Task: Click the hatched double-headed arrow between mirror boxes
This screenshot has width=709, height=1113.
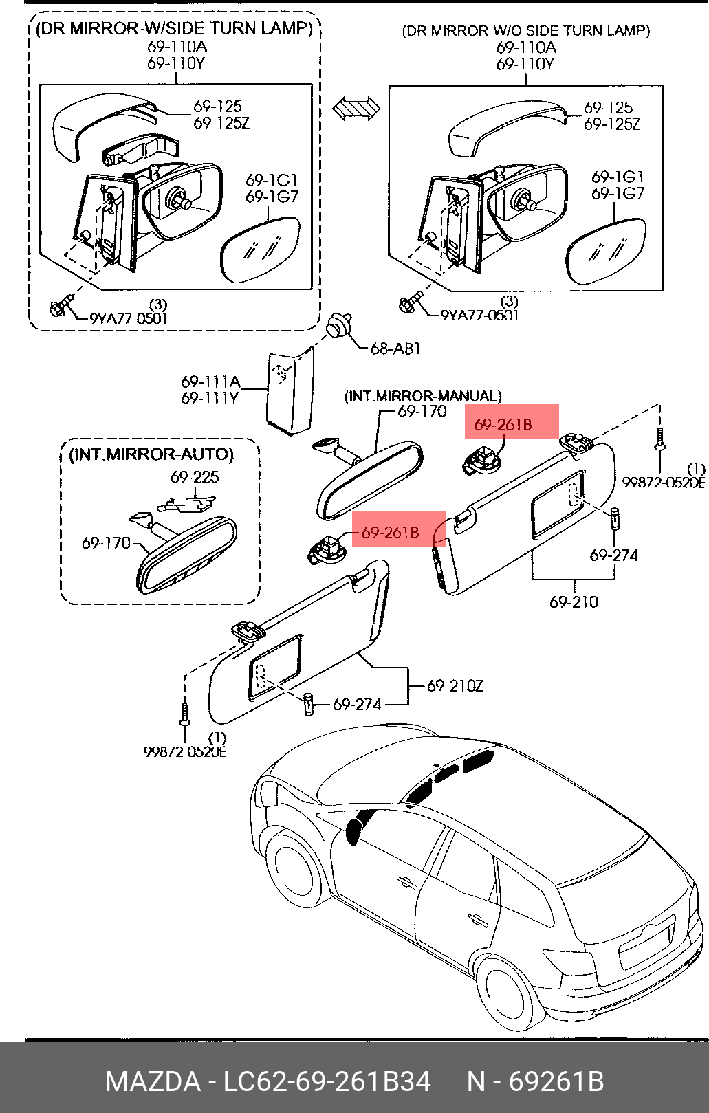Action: tap(356, 108)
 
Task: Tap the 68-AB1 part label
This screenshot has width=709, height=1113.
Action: tap(395, 349)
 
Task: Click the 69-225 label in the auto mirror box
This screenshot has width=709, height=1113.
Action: tap(195, 477)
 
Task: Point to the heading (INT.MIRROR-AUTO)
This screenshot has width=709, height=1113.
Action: tap(151, 454)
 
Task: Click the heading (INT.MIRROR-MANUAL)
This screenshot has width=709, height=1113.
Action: tap(423, 396)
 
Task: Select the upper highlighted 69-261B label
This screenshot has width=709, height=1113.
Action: tap(503, 425)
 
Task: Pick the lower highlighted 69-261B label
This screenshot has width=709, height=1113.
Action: tap(390, 532)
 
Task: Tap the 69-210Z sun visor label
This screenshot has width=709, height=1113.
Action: tap(455, 685)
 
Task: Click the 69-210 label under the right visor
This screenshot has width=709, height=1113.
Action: tap(574, 602)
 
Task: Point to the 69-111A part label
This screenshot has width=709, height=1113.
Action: tap(210, 382)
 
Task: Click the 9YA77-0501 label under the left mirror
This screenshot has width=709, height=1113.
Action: tap(129, 318)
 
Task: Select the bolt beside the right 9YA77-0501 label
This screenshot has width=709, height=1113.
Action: tap(410, 302)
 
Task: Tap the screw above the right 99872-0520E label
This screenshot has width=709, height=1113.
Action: tap(659, 439)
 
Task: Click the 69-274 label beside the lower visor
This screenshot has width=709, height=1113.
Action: tap(357, 705)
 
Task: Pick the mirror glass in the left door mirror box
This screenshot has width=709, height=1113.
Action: tap(259, 249)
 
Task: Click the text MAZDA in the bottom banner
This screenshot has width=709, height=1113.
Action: tap(153, 1081)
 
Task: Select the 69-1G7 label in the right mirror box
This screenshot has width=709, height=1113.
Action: tap(618, 194)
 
